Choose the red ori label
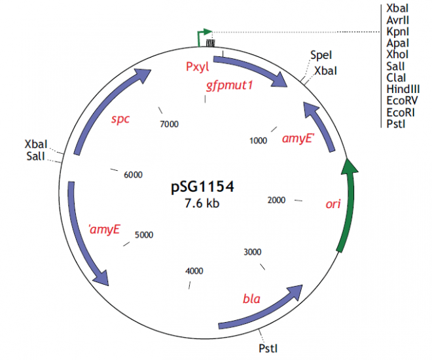tap(333, 204)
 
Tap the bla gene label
tap(251, 299)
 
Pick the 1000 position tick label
tap(259, 139)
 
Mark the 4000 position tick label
tap(194, 270)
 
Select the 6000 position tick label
tap(133, 175)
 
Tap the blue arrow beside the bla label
tap(262, 309)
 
